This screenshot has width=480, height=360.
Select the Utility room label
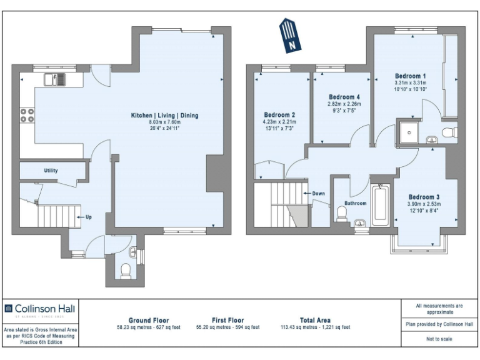coord(51,170)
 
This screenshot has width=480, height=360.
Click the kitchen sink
coord(54,79)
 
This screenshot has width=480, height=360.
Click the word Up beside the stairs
coord(88,217)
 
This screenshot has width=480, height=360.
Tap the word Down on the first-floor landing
coord(318,193)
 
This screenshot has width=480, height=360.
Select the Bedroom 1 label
coord(411,76)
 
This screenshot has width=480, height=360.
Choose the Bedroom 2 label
coord(279,115)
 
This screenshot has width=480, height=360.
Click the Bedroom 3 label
coord(424,196)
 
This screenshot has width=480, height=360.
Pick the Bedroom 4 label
coord(345,97)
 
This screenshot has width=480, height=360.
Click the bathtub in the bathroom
coord(380,205)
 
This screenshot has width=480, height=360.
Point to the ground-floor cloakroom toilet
coord(124,270)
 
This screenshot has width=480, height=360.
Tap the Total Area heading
coord(316,320)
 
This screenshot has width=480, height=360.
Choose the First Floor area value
coord(227,327)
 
